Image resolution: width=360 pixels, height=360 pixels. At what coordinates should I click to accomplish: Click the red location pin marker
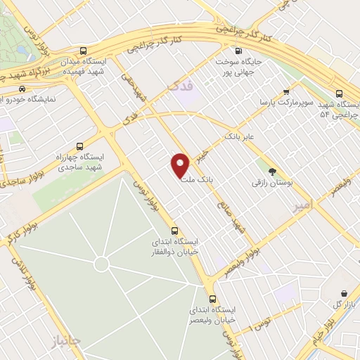coord(181,165)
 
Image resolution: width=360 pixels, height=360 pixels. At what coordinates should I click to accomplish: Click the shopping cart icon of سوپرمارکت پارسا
coord(286,92)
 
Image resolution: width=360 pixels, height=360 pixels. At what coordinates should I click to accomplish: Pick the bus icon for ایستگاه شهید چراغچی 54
coord(340,93)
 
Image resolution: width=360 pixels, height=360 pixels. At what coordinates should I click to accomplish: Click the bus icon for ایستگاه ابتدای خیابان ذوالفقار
coord(175,231)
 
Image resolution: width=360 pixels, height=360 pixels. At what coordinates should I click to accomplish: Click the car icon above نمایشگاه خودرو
coord(22,89)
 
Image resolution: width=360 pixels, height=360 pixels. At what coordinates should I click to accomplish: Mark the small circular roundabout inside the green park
coord(101,264)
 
